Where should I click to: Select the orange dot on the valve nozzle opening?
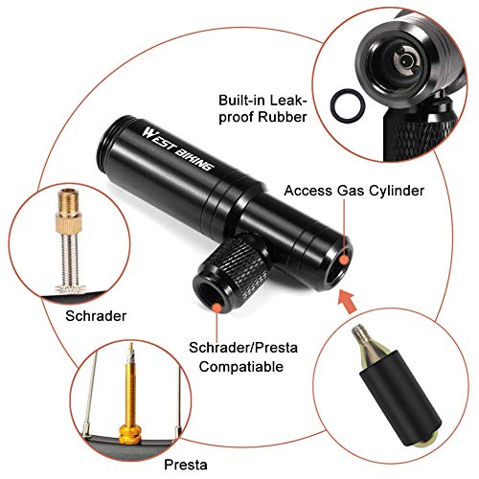pyautogui.click(x=219, y=305)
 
